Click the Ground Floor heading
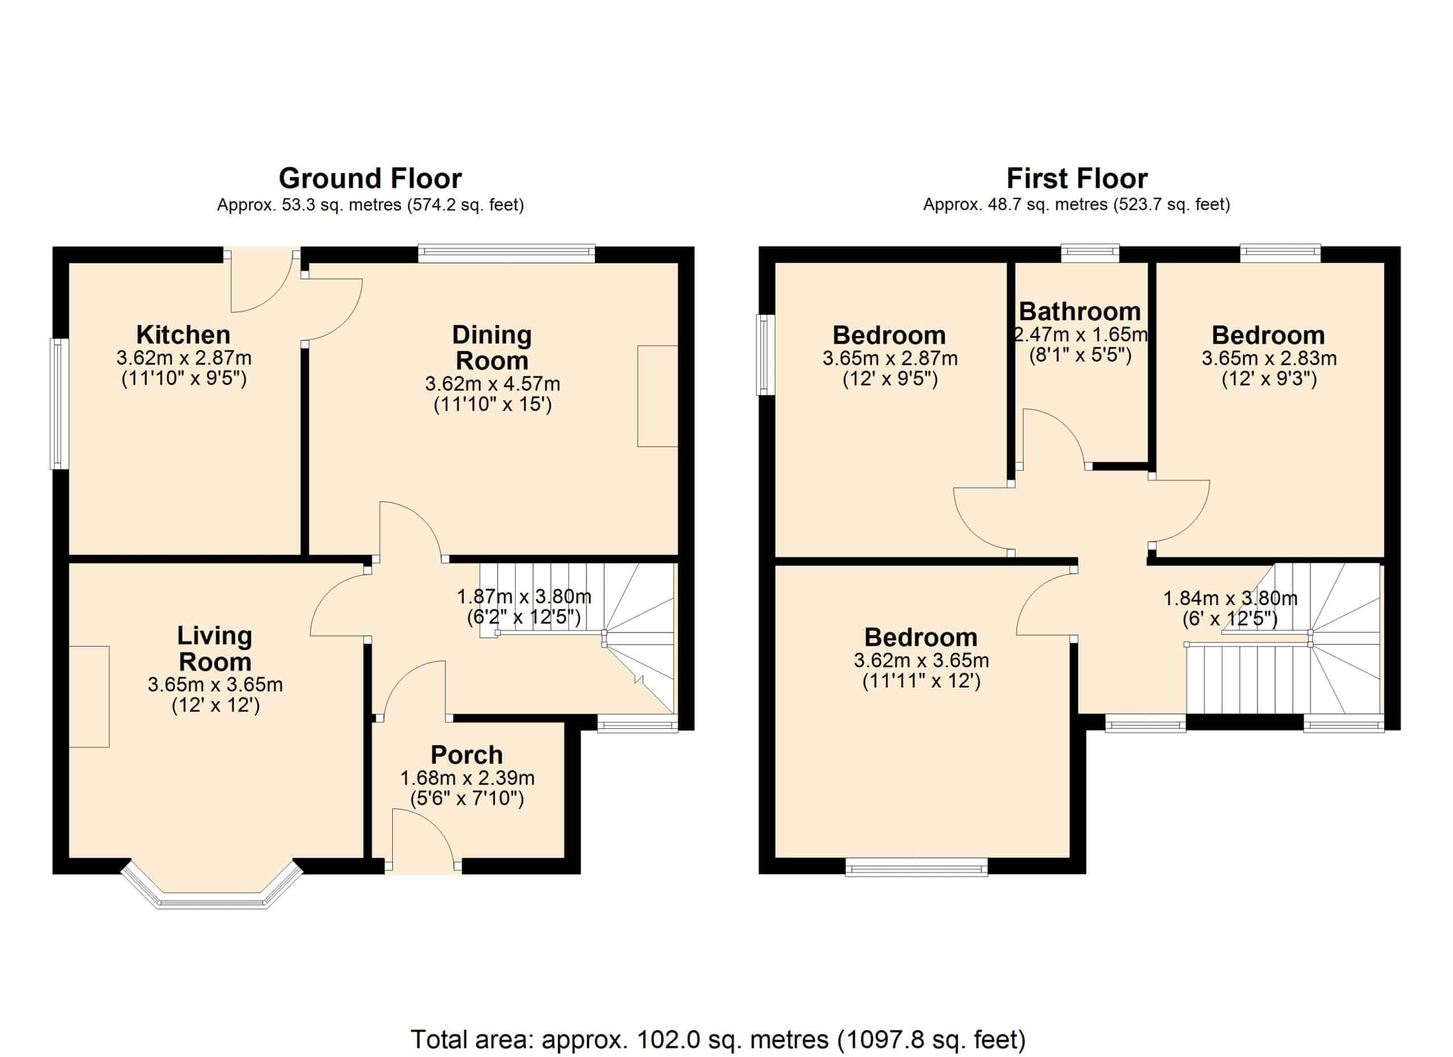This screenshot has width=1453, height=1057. coord(369,179)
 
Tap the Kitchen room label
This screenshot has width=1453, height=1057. coord(183,335)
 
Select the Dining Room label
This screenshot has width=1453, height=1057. coord(492,348)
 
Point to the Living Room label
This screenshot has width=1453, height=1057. coord(215,648)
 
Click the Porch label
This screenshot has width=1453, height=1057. coord(467,754)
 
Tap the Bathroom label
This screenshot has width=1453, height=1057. coord(1080,311)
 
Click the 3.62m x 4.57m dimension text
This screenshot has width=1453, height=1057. coord(493,384)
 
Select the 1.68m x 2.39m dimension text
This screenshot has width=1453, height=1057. coord(467,778)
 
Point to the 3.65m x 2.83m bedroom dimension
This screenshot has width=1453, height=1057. coord(1269,358)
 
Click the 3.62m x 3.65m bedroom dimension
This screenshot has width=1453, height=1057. coord(921,660)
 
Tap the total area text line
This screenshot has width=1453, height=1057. coord(718,1039)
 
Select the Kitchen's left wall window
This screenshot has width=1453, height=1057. coord(60,404)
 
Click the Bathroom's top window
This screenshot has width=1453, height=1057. coord(1090,254)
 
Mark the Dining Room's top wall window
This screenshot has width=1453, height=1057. coord(507,254)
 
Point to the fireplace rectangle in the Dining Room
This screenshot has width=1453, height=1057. coord(657,396)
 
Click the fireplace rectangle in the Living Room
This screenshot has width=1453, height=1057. coord(89,697)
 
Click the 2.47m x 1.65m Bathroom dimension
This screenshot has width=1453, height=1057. coord(1081,334)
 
